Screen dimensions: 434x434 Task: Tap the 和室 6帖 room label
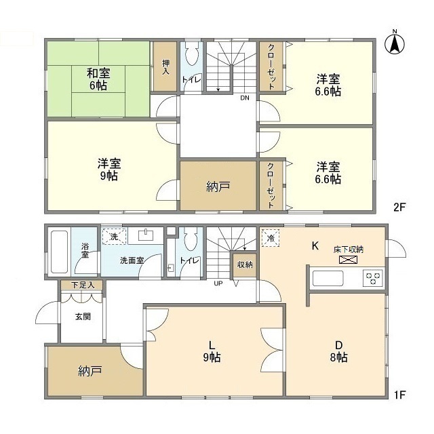pyautogui.click(x=98, y=79)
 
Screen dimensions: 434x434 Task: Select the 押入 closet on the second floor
pyautogui.click(x=165, y=66)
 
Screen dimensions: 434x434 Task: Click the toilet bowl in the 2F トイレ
pyautogui.click(x=191, y=54)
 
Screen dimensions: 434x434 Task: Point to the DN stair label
pyautogui.click(x=244, y=98)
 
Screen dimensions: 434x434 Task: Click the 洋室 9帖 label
pyautogui.click(x=109, y=170)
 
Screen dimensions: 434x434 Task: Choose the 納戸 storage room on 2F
pyautogui.click(x=218, y=185)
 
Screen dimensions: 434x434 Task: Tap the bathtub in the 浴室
pyautogui.click(x=60, y=252)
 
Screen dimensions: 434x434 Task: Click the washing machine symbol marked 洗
pyautogui.click(x=115, y=237)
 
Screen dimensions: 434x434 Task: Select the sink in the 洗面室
pyautogui.click(x=146, y=236)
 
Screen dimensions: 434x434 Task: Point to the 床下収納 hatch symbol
pyautogui.click(x=348, y=260)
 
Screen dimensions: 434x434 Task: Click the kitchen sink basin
pyautogui.click(x=328, y=279)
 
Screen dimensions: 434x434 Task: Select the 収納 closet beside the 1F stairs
pyautogui.click(x=245, y=265)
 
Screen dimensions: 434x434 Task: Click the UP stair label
pyautogui.click(x=218, y=283)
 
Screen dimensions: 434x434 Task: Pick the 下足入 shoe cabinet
pyautogui.click(x=82, y=285)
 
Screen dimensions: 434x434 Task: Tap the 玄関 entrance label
pyautogui.click(x=83, y=317)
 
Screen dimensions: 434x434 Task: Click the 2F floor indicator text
pyautogui.click(x=399, y=208)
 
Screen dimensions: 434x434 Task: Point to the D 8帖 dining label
pyautogui.click(x=339, y=351)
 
